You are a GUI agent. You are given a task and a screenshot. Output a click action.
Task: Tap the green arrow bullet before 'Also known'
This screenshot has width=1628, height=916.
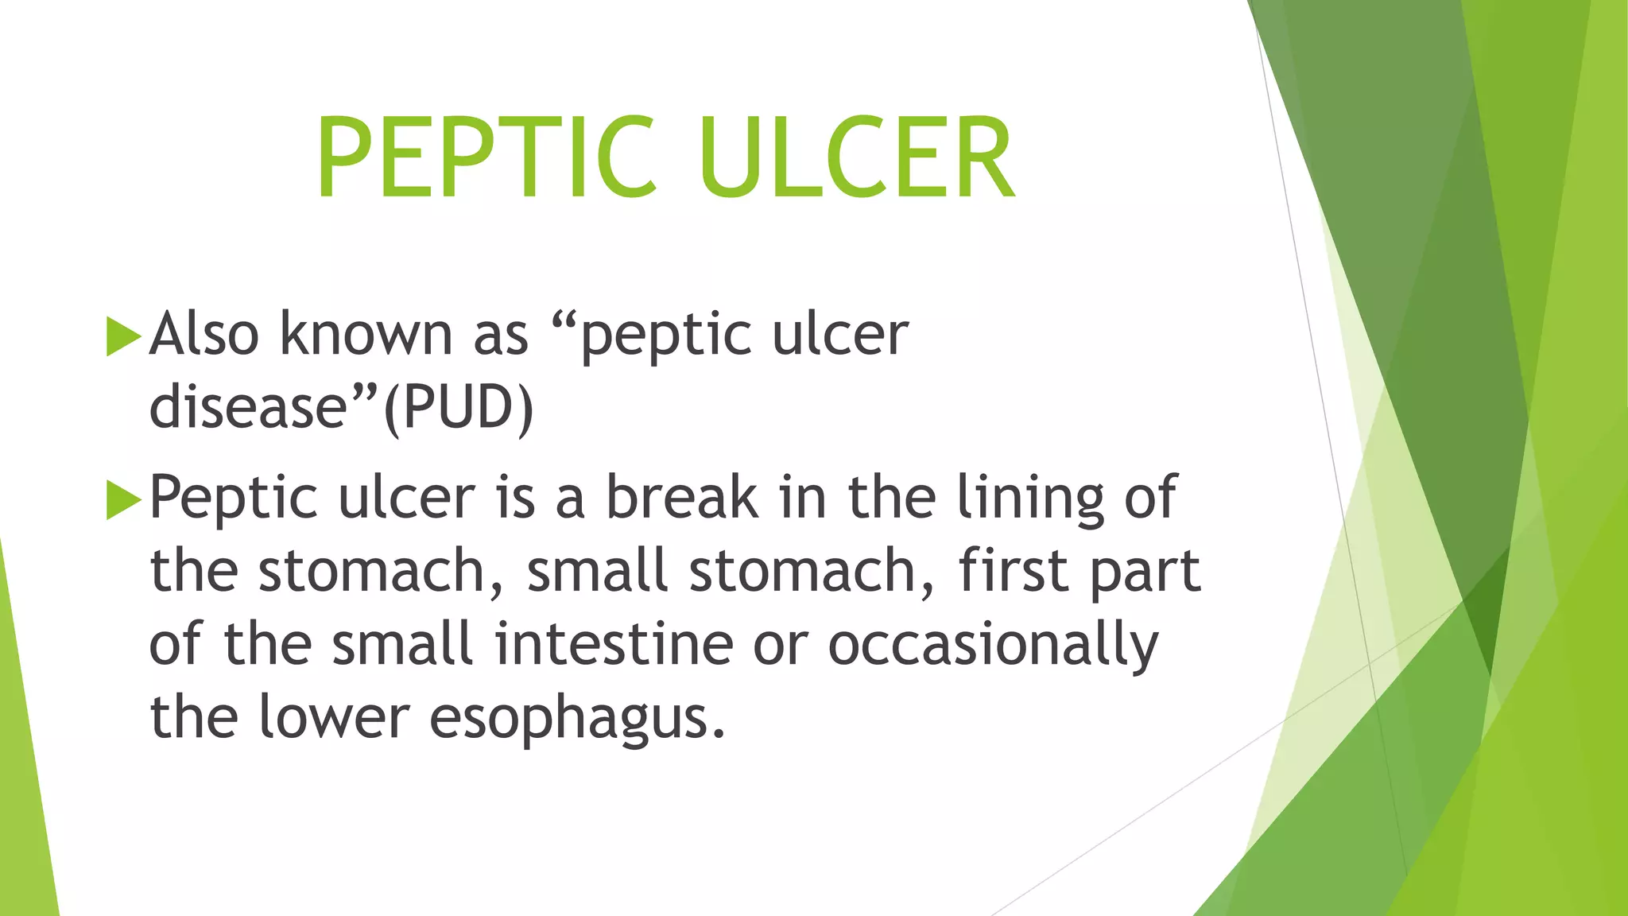pyautogui.click(x=122, y=336)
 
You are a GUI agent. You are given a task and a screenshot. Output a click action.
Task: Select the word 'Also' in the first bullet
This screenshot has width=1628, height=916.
pyautogui.click(x=203, y=334)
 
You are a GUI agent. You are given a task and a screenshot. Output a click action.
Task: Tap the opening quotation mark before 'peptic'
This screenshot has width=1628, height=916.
pyautogui.click(x=564, y=318)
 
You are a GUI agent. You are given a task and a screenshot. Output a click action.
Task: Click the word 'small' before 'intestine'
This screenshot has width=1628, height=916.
pyautogui.click(x=402, y=644)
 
